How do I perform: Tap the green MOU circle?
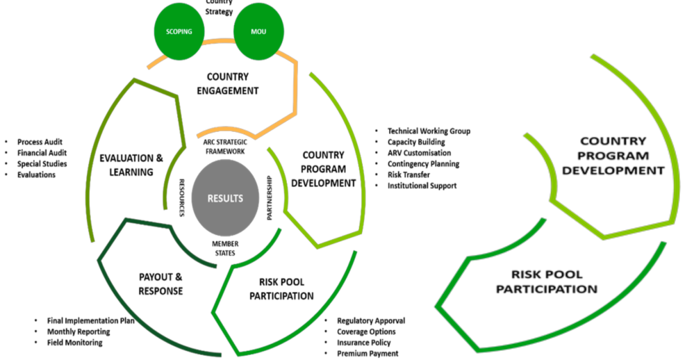click(x=259, y=31)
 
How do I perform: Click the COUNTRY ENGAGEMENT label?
click(x=233, y=83)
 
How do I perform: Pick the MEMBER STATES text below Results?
click(x=225, y=248)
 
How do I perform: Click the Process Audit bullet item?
click(x=40, y=142)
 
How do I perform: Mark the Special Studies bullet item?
click(x=42, y=163)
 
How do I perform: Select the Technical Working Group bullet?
click(x=428, y=131)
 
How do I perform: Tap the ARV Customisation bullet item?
click(x=419, y=153)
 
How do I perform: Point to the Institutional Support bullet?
click(x=422, y=185)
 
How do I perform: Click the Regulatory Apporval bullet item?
click(x=371, y=321)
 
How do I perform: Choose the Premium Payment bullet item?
click(x=367, y=353)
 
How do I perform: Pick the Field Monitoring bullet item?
click(x=75, y=342)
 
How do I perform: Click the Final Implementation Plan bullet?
click(x=91, y=321)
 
